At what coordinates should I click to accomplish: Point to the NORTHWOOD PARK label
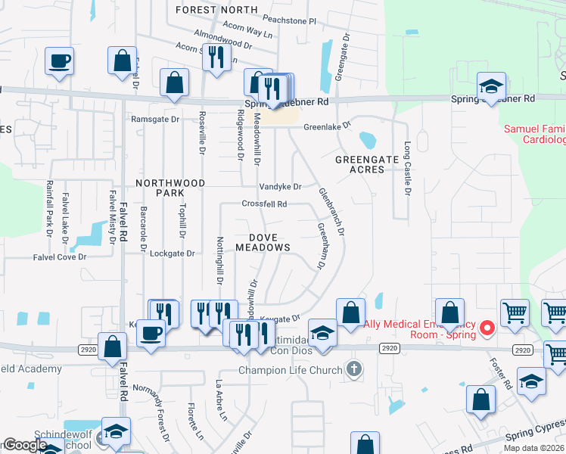pyautogui.click(x=170, y=188)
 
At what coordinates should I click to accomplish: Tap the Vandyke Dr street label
pyautogui.click(x=280, y=187)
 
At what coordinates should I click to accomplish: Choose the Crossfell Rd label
pyautogui.click(x=264, y=204)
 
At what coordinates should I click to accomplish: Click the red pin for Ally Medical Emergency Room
pyautogui.click(x=488, y=328)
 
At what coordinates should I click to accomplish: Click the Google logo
pyautogui.click(x=25, y=446)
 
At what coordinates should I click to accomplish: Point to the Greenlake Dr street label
pyautogui.click(x=328, y=127)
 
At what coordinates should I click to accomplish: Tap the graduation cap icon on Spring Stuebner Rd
pyautogui.click(x=490, y=89)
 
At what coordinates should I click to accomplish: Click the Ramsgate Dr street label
pyautogui.click(x=154, y=120)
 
